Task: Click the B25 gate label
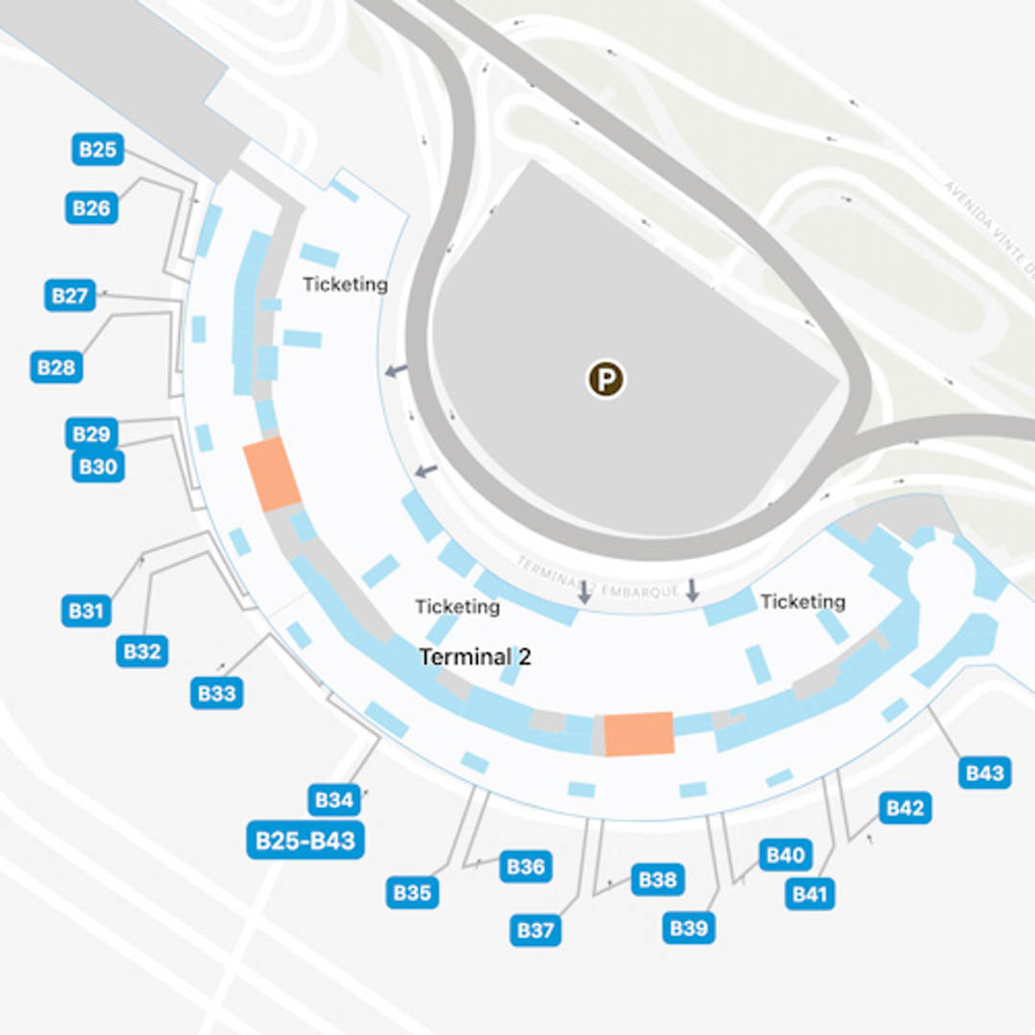tap(97, 149)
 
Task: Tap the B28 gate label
tap(57, 367)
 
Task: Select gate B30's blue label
tap(98, 467)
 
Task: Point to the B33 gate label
tap(216, 693)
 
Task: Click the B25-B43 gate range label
tap(306, 841)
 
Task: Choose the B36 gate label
tap(525, 867)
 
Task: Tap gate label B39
tap(689, 928)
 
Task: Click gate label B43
tap(984, 773)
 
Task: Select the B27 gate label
tap(70, 295)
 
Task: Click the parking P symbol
tap(606, 379)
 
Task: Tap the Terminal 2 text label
tap(475, 657)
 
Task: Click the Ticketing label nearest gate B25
tap(345, 285)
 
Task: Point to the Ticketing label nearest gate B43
tap(802, 602)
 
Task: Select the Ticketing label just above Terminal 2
tap(457, 607)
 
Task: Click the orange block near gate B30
tap(272, 474)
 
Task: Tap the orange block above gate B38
tap(638, 734)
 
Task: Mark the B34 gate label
tap(334, 799)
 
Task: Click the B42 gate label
tap(905, 808)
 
